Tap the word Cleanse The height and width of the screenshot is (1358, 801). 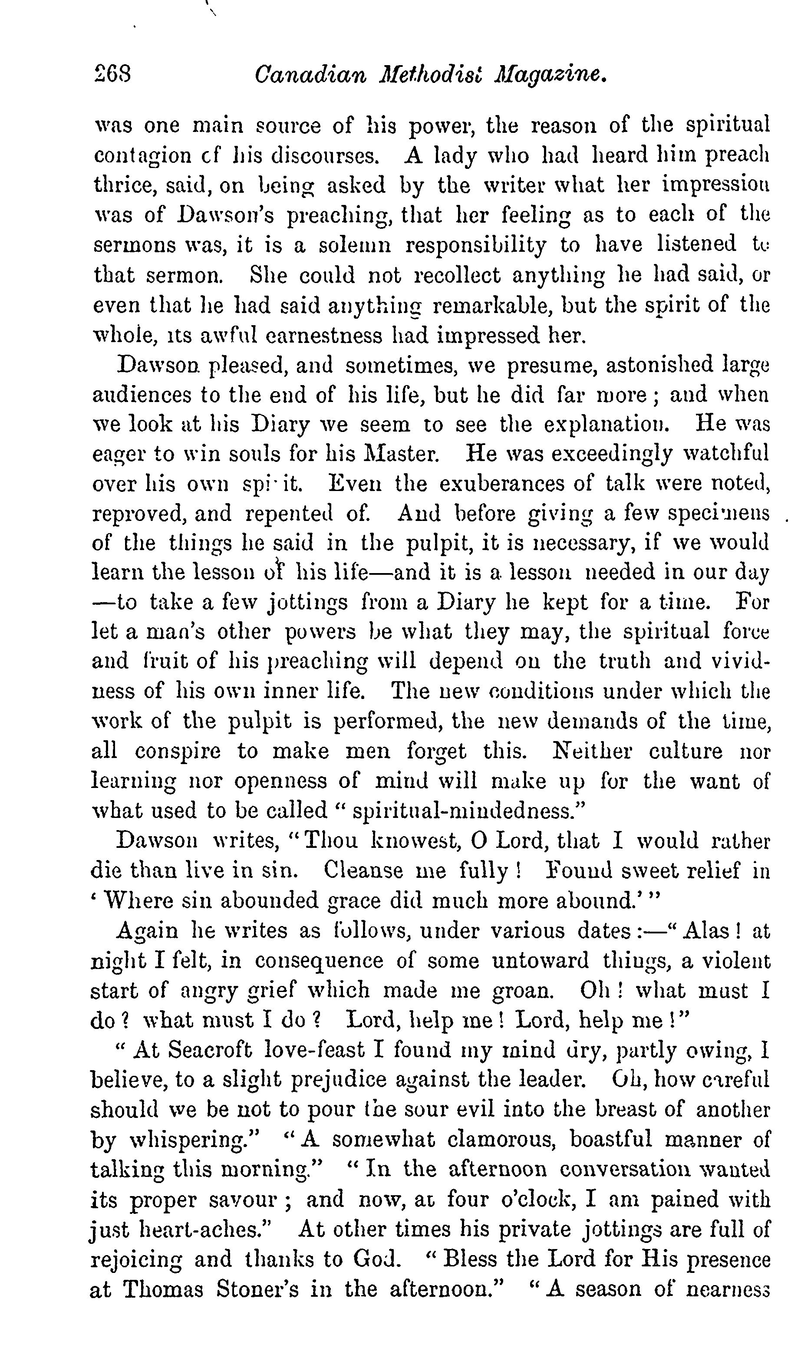[363, 870]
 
